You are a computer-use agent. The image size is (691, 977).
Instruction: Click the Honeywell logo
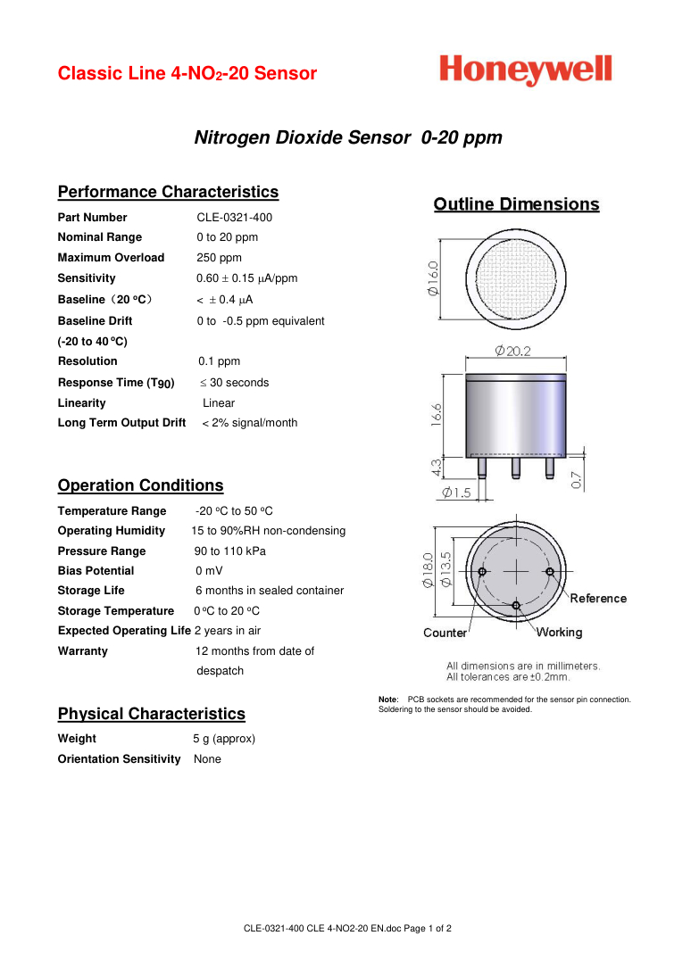526,70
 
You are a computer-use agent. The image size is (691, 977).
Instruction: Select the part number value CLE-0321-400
235,218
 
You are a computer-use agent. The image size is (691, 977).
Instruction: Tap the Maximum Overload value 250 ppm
220,258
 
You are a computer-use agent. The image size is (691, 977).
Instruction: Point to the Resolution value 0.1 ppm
220,361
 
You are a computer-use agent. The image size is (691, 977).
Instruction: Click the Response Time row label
116,383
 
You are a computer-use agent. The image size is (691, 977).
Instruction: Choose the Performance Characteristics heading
168,192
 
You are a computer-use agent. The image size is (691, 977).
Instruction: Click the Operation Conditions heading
140,485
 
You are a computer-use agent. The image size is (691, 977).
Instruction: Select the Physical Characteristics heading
151,714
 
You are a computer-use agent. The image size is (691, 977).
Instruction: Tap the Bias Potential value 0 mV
210,571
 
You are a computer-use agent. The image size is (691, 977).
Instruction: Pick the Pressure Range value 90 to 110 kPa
230,551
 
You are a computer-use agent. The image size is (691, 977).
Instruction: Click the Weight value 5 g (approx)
224,739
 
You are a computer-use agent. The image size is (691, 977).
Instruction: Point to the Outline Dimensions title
516,204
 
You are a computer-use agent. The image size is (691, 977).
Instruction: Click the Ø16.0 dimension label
433,278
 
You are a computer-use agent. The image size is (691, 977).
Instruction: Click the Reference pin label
598,598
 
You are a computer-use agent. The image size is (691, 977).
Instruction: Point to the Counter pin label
445,633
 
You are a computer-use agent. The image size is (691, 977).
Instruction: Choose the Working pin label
559,633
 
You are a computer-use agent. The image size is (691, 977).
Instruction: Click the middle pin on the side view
516,467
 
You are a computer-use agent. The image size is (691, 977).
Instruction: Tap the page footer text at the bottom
347,929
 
